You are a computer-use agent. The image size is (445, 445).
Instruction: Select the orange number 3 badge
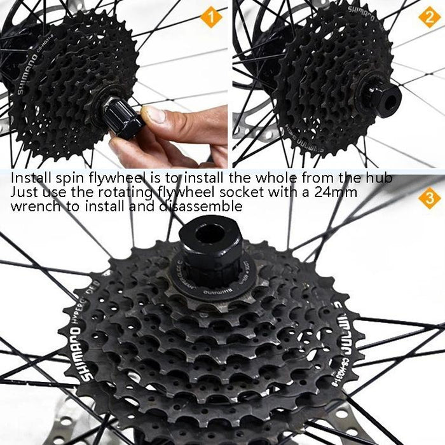coord(430,199)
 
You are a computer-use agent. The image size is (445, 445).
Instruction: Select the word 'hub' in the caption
coord(380,178)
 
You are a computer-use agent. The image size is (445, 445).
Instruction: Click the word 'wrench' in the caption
coord(33,206)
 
